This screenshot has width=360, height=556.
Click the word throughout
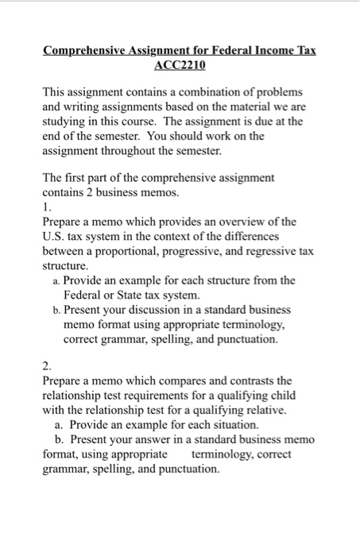(x=129, y=151)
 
